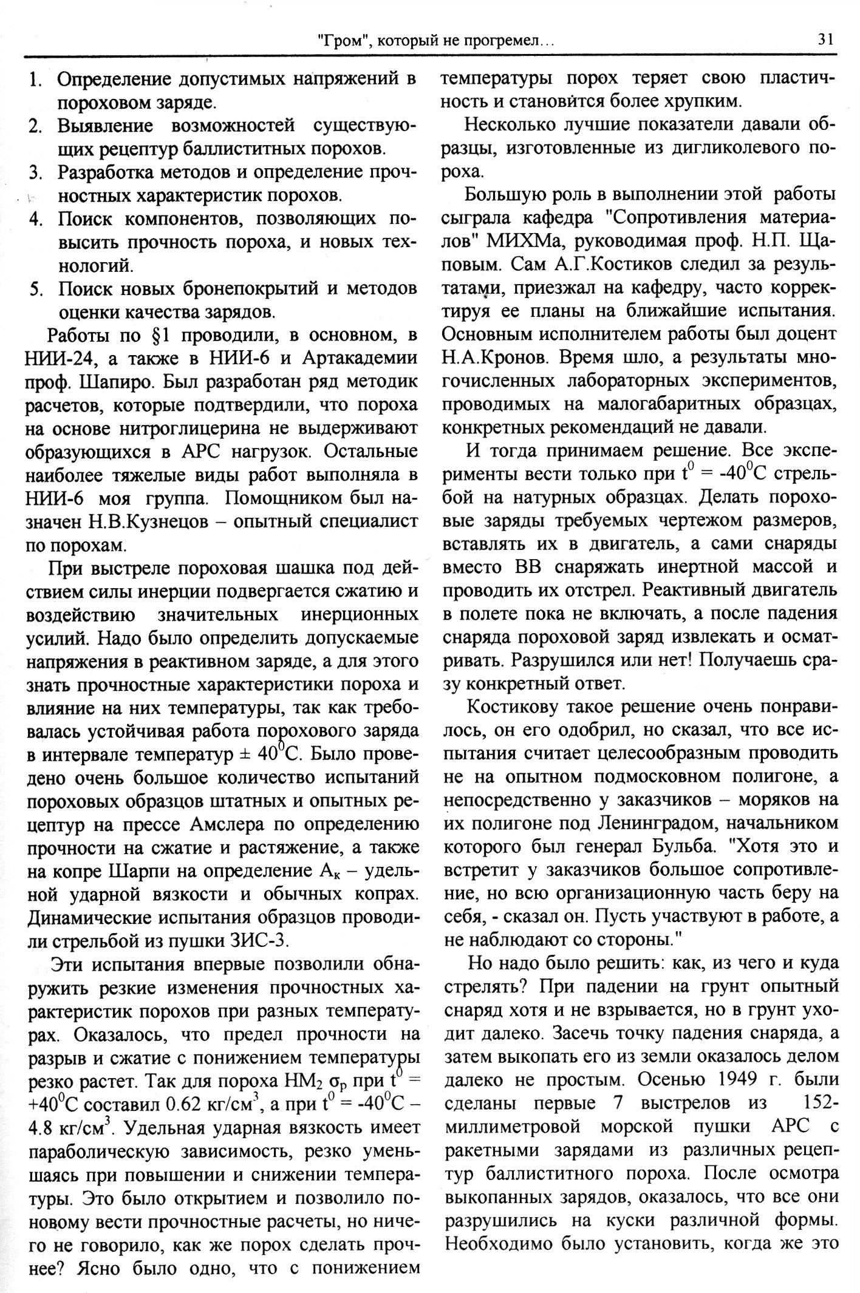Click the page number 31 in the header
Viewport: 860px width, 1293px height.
tap(825, 40)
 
